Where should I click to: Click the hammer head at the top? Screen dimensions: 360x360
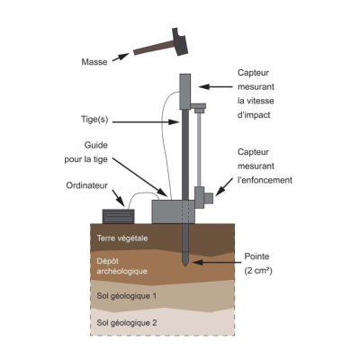point(179,41)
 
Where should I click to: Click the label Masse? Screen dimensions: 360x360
point(94,62)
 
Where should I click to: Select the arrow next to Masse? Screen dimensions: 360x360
point(121,57)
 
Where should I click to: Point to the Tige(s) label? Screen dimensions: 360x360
point(94,120)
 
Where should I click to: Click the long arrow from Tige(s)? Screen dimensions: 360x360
point(146,122)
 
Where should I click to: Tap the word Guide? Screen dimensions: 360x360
point(96,145)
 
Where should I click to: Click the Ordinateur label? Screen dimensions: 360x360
point(86,185)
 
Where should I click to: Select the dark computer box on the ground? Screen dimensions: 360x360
point(118,216)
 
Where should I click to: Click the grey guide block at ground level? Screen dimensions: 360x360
point(174,211)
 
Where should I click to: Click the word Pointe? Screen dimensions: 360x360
point(256,256)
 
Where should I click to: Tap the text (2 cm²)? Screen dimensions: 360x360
point(258,271)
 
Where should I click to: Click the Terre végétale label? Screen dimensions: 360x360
point(122,238)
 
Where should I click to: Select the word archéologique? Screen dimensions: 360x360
point(121,272)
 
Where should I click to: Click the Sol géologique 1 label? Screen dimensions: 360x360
point(127,296)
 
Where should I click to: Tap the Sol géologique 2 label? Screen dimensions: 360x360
point(127,323)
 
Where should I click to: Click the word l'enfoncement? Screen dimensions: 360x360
point(265,180)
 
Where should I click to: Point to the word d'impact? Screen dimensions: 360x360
point(254,115)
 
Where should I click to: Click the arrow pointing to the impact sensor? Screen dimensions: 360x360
point(215,86)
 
